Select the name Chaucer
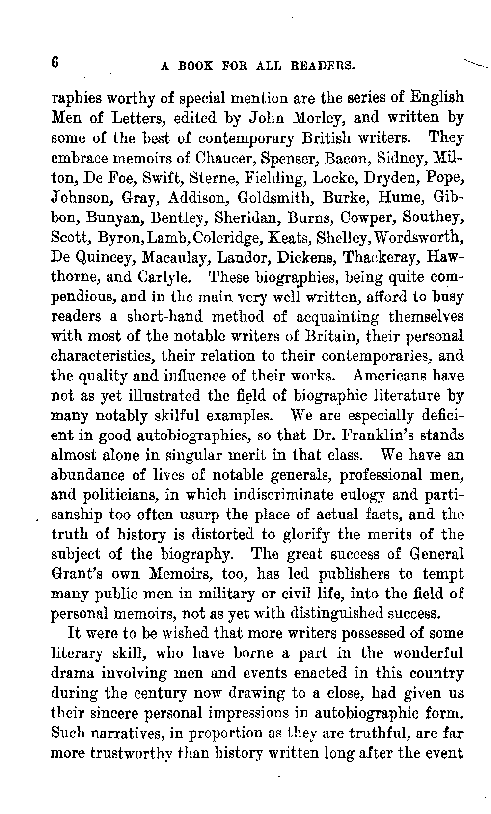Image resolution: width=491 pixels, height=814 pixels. point(225,158)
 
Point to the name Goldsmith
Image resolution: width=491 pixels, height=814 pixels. point(270,198)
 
